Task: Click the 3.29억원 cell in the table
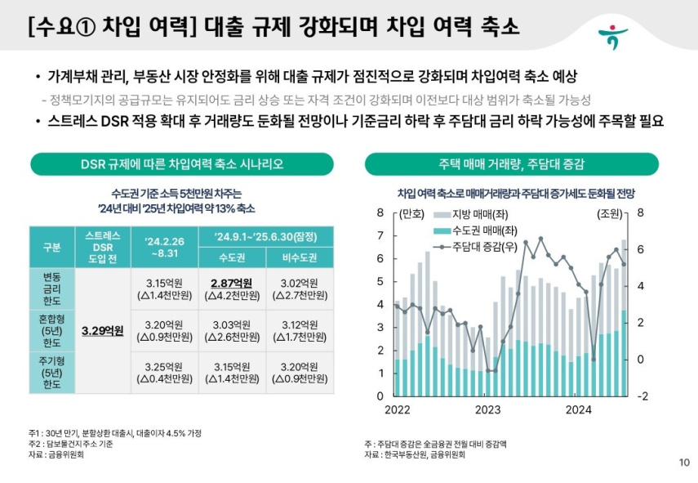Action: (x=102, y=331)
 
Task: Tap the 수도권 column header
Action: (x=232, y=257)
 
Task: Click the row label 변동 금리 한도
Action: (x=51, y=289)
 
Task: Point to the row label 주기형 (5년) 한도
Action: (x=51, y=373)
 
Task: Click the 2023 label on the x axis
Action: (x=487, y=409)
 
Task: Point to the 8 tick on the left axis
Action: (x=380, y=213)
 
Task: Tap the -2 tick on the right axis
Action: (x=642, y=396)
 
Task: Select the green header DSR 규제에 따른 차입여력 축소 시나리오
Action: (x=182, y=163)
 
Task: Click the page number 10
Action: (x=684, y=463)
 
